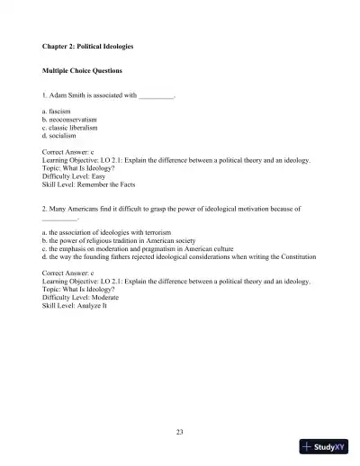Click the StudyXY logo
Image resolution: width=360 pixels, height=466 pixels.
[324, 447]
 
